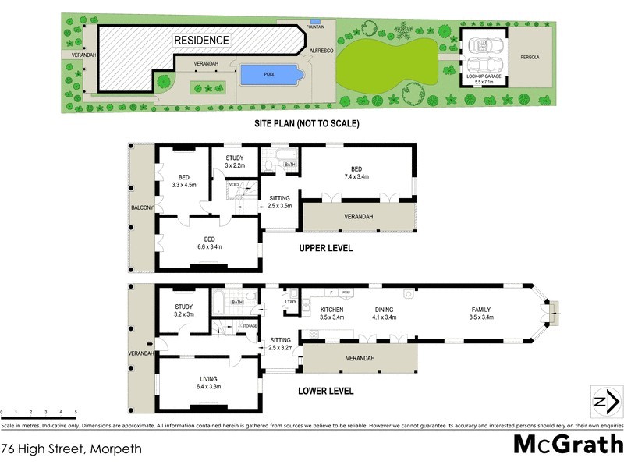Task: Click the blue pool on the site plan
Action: (x=269, y=74)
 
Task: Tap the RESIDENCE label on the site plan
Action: (x=201, y=40)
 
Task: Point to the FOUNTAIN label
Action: (x=315, y=27)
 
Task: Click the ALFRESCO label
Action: (x=321, y=50)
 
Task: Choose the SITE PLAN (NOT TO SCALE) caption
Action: (x=305, y=123)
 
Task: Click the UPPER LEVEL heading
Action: (x=326, y=248)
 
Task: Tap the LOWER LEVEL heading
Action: (x=327, y=391)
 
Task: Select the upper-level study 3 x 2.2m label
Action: (x=235, y=162)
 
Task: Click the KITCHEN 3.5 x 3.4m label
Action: (x=331, y=314)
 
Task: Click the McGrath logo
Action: (x=567, y=445)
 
